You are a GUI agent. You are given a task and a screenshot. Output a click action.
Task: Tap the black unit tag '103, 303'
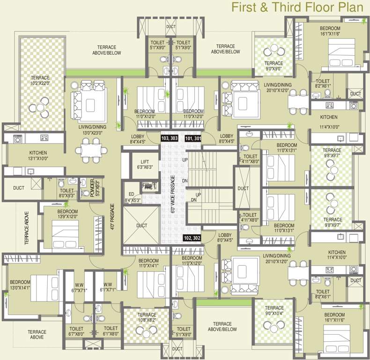[x=169, y=139]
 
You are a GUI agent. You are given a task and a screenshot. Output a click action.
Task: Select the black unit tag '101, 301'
[x=193, y=139]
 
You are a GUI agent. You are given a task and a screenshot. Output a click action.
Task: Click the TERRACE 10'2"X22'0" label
[x=40, y=81]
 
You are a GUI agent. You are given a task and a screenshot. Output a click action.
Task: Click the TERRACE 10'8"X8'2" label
[x=147, y=317]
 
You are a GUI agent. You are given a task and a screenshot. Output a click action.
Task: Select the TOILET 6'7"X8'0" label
[x=76, y=331]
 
